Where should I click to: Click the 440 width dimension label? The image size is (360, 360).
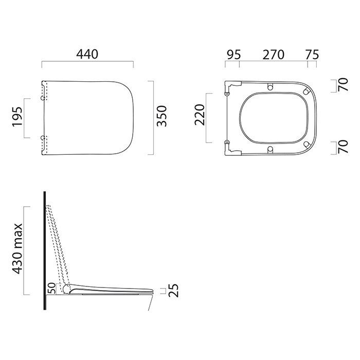pos(87,54)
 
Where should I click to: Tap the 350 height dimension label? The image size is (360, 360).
pos(161,116)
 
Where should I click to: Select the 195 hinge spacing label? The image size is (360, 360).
pos(17,116)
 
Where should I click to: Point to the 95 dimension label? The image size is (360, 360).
pos(233,55)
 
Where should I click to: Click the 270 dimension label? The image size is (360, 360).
pos(274,55)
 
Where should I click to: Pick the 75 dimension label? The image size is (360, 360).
pos(312,55)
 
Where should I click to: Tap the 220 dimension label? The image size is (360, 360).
pos(200,115)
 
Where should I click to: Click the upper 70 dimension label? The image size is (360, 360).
pos(343,84)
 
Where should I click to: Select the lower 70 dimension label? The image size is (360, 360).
pos(343,147)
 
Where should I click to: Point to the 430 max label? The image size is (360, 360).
pos(17,248)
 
